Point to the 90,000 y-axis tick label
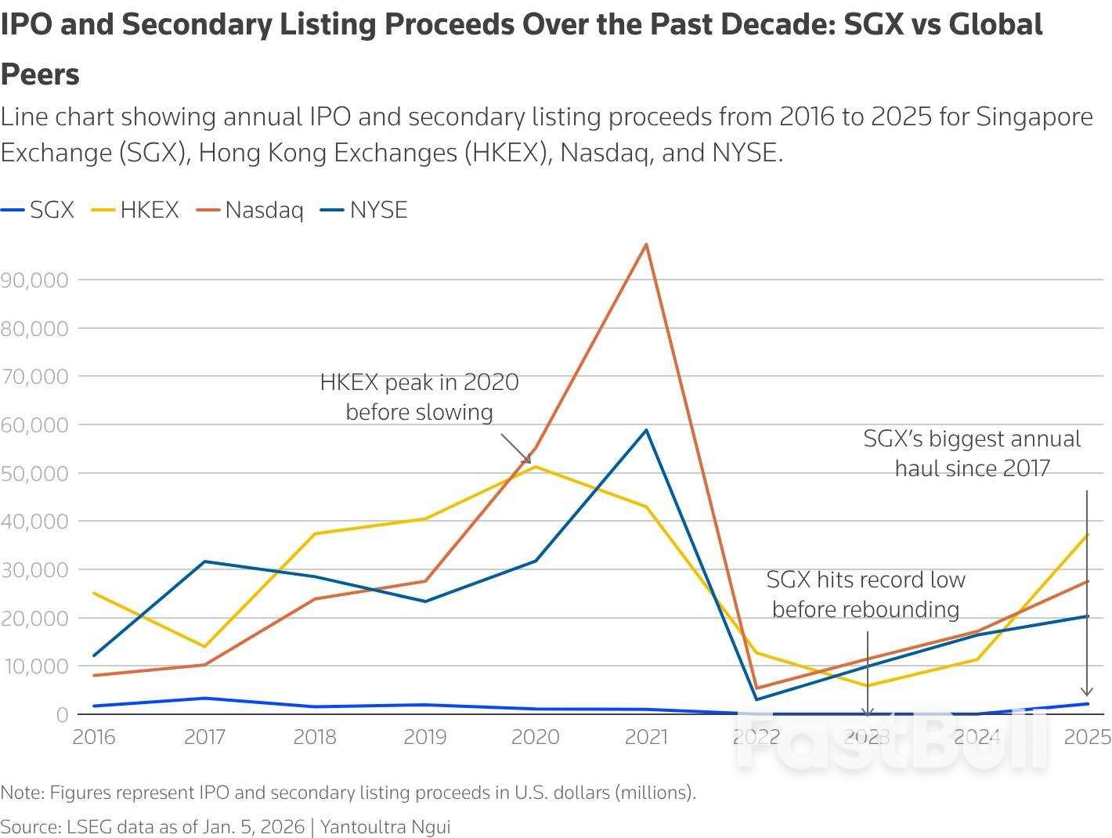point(34,280)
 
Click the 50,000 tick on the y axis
point(34,473)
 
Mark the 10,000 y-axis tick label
point(34,666)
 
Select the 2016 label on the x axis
point(93,737)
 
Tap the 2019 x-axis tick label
point(425,737)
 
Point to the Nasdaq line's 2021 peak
point(646,244)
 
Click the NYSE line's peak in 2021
point(646,430)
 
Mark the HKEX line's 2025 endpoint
point(1088,535)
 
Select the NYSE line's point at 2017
point(204,562)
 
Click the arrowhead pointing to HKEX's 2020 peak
point(526,459)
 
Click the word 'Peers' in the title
point(40,74)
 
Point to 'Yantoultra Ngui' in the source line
point(385,826)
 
